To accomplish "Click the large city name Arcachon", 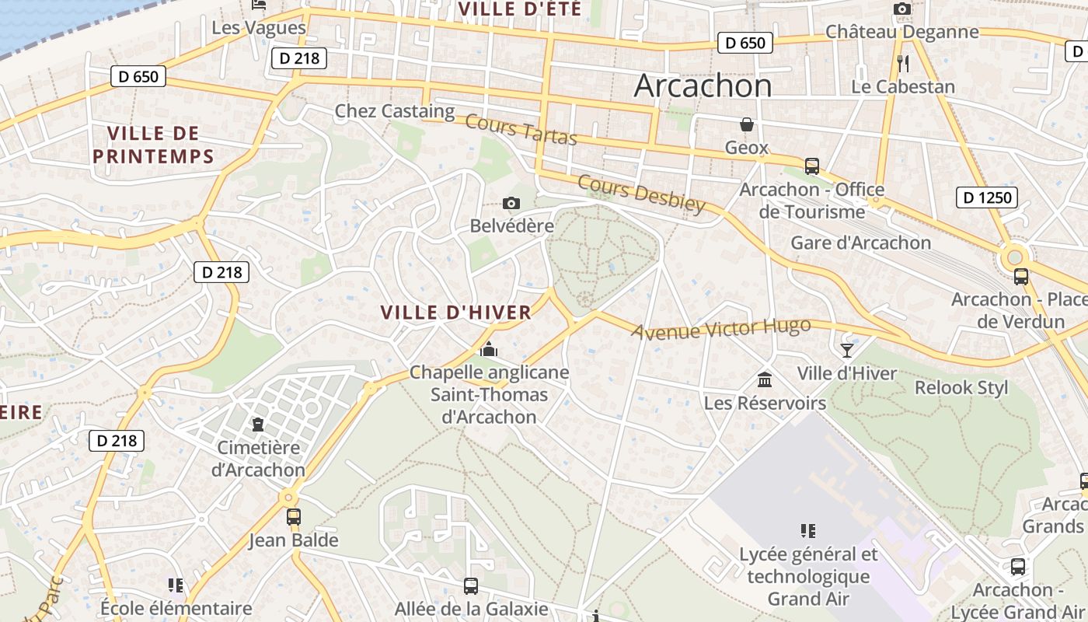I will click(x=703, y=86).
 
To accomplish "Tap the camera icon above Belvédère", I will click(x=511, y=204).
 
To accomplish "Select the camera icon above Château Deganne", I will click(x=901, y=9).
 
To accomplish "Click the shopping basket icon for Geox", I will click(x=746, y=125).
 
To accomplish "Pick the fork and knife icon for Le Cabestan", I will click(x=902, y=64).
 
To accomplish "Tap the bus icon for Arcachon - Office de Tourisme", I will click(x=812, y=166).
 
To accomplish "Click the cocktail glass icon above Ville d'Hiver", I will click(x=847, y=351).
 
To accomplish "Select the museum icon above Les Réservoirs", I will click(x=765, y=380).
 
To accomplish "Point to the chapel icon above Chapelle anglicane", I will click(x=489, y=350).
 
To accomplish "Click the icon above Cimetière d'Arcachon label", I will click(x=257, y=425).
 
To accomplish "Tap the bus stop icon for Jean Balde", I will click(x=294, y=517).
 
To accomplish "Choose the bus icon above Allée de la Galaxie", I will click(x=471, y=585).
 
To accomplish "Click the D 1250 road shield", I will click(x=988, y=197).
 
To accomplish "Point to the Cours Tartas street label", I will click(x=521, y=130).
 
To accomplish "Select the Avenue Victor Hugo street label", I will click(x=720, y=329).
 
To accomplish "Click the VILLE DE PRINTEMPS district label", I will click(x=153, y=145).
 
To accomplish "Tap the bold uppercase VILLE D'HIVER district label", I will click(x=456, y=313).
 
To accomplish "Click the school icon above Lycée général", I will click(x=808, y=531).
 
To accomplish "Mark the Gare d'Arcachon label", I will click(x=860, y=243).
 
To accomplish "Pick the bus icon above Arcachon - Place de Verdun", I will click(x=1021, y=277).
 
